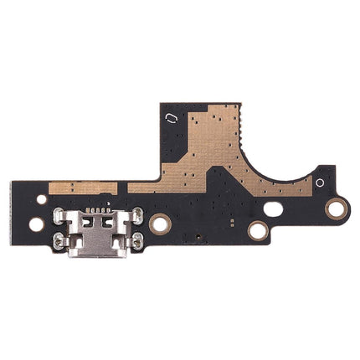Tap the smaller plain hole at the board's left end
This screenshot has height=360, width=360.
pos(42,200)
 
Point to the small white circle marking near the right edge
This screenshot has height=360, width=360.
pos(319,182)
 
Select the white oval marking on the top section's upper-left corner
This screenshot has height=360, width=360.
pos(171,119)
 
